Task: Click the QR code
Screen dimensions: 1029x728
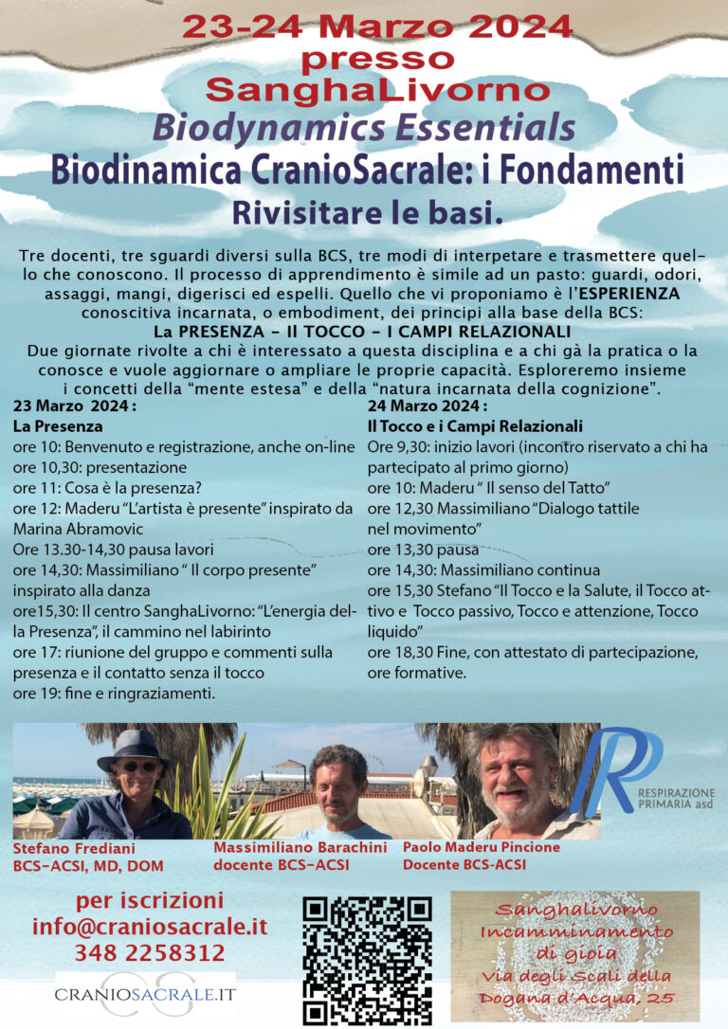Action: (367, 959)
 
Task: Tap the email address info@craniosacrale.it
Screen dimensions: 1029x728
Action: (150, 927)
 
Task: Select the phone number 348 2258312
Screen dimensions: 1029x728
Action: (150, 952)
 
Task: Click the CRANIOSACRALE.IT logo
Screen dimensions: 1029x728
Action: (145, 996)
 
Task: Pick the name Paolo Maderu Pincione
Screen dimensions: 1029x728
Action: (481, 847)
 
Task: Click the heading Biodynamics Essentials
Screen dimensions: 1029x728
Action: (364, 127)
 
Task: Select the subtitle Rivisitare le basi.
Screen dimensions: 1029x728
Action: (364, 214)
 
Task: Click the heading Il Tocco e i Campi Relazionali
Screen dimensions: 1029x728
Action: (474, 426)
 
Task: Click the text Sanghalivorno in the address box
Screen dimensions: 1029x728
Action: (575, 910)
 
